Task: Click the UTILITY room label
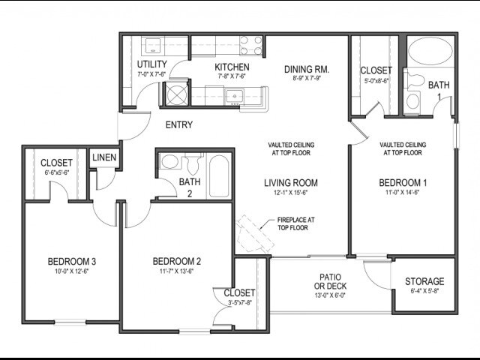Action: click(151, 64)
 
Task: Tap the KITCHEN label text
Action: click(232, 67)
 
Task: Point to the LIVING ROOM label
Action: click(290, 182)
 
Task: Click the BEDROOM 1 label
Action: click(403, 182)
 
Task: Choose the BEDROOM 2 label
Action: click(177, 261)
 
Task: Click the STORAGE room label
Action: click(424, 281)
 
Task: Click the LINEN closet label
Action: click(103, 158)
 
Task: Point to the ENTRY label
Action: click(178, 125)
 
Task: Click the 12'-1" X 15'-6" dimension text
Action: click(290, 194)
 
